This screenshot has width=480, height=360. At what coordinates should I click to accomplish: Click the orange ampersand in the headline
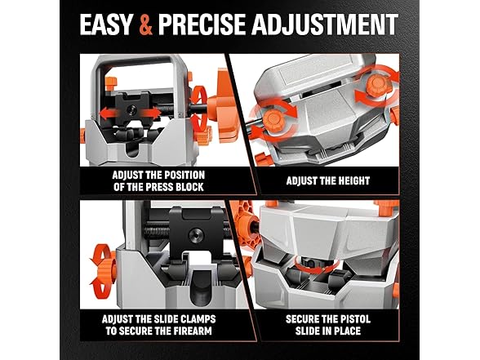click(x=145, y=24)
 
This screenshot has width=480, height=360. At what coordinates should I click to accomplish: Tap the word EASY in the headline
click(x=106, y=24)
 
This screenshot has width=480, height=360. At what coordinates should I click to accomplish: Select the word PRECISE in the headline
click(x=202, y=24)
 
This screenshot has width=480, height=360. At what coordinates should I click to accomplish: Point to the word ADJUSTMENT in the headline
click(x=325, y=24)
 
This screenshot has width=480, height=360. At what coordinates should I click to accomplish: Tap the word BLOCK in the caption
click(x=189, y=187)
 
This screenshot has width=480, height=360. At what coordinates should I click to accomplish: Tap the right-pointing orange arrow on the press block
click(x=150, y=114)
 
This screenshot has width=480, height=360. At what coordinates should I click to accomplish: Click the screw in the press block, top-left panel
click(x=132, y=109)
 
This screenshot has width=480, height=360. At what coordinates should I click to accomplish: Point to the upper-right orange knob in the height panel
click(x=376, y=86)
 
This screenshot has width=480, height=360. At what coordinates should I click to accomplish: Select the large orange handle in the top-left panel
click(x=222, y=106)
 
